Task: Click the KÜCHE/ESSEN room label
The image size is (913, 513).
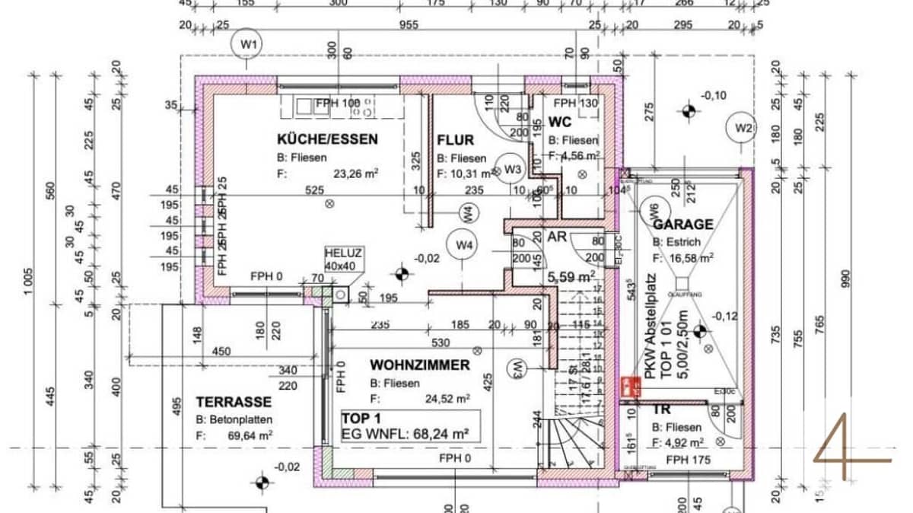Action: point(327,139)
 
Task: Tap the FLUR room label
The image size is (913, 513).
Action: point(455,140)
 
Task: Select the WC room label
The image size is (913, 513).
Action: point(560,122)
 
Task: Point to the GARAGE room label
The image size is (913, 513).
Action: point(683,225)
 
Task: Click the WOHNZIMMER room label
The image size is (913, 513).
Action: point(420,365)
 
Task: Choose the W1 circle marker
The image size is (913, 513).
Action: point(248,44)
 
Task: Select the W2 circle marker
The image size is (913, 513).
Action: point(743,127)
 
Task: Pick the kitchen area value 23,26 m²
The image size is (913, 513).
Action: point(356,173)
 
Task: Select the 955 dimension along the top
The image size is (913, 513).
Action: point(409,24)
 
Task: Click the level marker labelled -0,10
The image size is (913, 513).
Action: point(714,95)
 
